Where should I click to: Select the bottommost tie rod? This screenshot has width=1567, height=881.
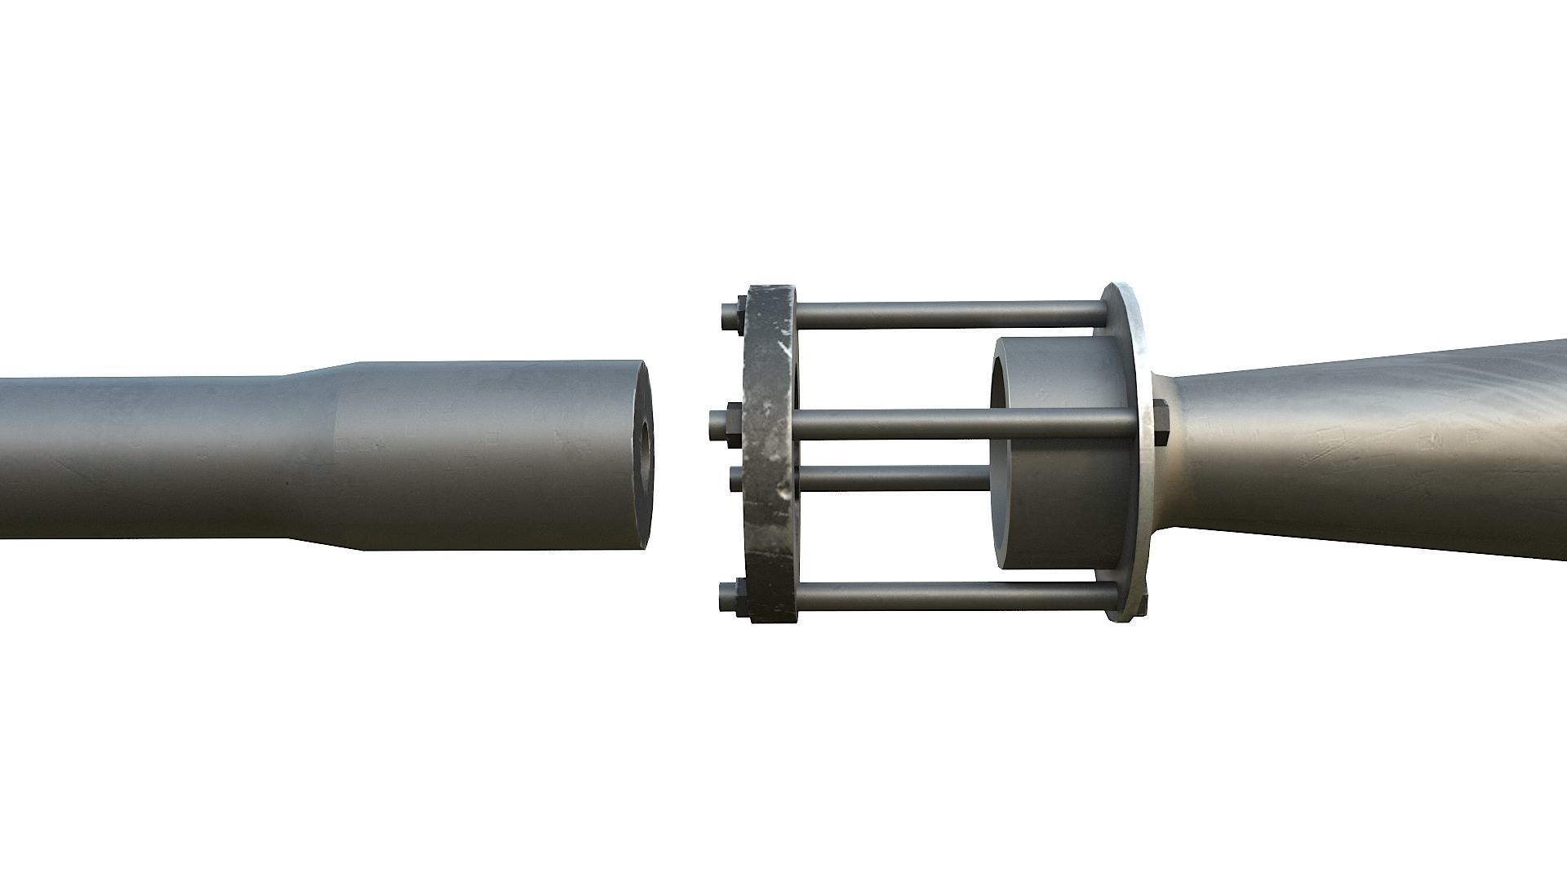click(947, 595)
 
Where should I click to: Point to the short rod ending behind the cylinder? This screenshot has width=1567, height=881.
click(890, 477)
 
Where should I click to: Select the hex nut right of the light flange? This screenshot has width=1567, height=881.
click(1161, 422)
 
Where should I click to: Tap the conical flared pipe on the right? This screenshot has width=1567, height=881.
click(1371, 453)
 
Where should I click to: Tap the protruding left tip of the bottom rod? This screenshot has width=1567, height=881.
click(726, 597)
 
